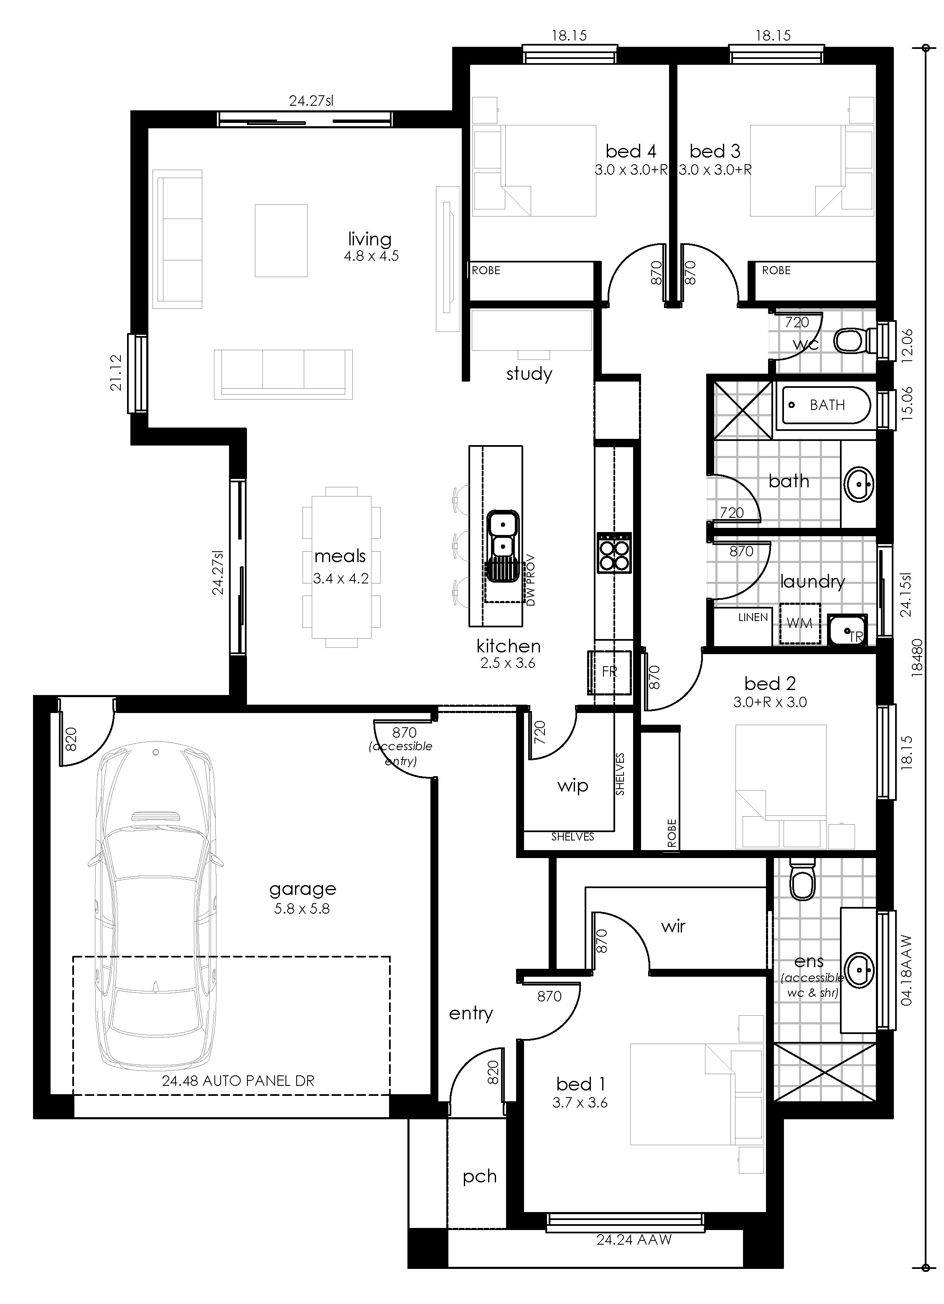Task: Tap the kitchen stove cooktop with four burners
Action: pos(615,553)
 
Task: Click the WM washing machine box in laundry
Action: pos(799,623)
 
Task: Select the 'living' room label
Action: pos(370,239)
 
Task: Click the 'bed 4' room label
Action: pos(630,151)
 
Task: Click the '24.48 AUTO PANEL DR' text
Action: pos(238,1081)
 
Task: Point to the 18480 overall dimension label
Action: pos(918,657)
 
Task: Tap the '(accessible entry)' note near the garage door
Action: pos(401,753)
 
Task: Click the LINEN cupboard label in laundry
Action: pos(753,617)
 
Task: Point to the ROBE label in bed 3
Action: pos(776,270)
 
